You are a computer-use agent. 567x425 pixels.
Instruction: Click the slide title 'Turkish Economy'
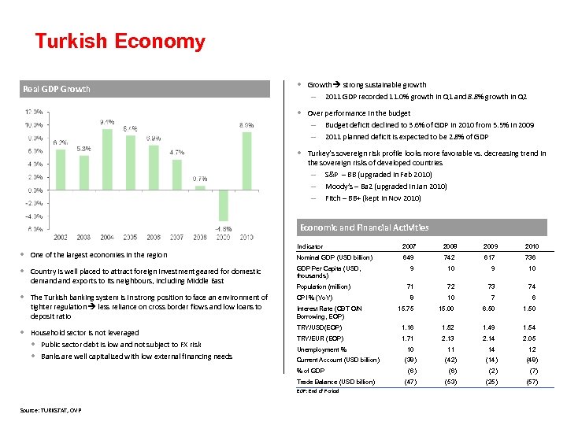[x=120, y=42]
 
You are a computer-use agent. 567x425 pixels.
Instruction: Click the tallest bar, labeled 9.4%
[x=107, y=160]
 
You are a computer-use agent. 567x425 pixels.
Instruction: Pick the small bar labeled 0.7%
[x=200, y=187]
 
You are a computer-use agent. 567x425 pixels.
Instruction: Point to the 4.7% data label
[x=176, y=152]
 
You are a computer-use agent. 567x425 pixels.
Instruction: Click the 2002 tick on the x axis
[x=61, y=236]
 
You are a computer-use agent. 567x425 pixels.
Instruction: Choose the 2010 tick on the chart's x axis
[x=246, y=236]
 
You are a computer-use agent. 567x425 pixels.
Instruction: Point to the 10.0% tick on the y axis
[x=34, y=125]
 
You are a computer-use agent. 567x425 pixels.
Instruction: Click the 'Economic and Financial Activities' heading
[x=364, y=227]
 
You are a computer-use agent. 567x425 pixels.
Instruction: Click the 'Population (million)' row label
[x=323, y=286]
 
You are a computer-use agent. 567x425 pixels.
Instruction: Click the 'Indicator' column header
[x=309, y=246]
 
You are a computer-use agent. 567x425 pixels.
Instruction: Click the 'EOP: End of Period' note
[x=317, y=391]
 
